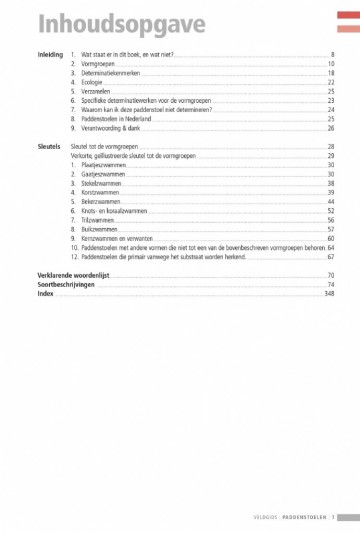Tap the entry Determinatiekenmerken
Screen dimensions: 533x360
113,73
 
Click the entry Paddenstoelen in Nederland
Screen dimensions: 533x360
119,119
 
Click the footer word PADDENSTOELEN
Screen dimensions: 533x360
302,516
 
